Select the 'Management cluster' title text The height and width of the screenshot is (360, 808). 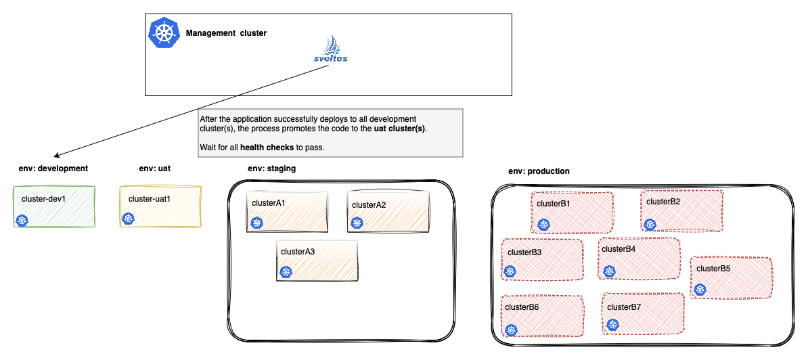(226, 33)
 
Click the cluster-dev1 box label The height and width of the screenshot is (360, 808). (43, 199)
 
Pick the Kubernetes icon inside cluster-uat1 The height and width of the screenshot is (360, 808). (129, 218)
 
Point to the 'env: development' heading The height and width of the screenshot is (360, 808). (53, 168)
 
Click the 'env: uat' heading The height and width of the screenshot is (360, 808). (155, 168)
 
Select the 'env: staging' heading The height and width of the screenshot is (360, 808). (272, 168)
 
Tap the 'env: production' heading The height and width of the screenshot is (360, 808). (539, 171)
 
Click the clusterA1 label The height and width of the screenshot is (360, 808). (269, 203)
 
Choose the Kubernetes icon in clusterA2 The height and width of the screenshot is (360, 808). (357, 223)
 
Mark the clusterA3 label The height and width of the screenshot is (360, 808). (298, 252)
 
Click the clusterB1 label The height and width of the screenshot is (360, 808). (554, 204)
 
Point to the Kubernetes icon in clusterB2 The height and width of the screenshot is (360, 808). (650, 224)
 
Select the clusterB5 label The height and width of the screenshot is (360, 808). (713, 269)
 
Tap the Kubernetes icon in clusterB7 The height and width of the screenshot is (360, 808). (613, 326)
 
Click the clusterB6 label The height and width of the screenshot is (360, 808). (522, 307)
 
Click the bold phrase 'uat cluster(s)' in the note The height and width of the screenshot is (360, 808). (400, 129)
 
